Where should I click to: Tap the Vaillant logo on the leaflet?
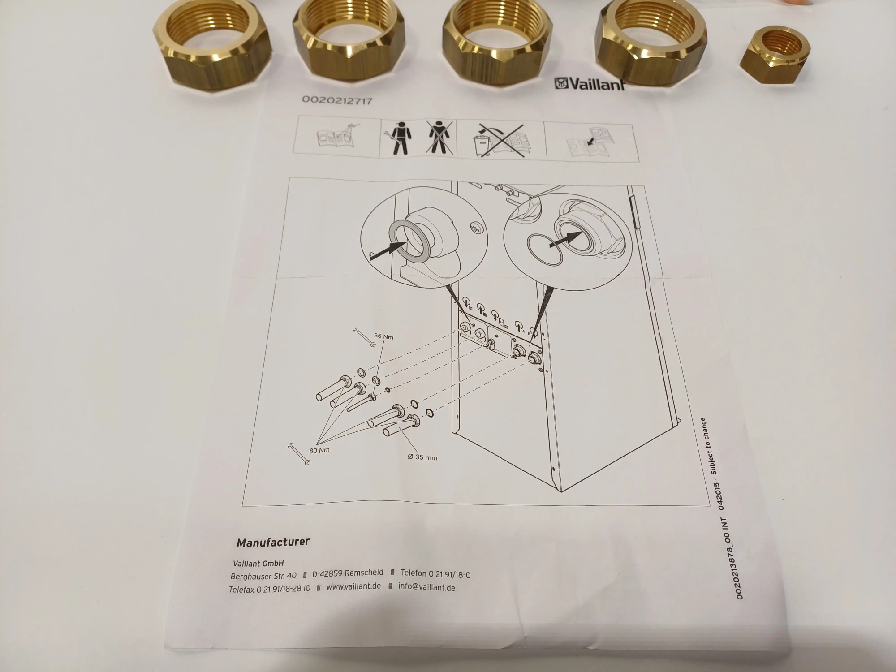(590, 83)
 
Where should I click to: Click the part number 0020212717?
(337, 100)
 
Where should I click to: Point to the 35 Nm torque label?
(383, 336)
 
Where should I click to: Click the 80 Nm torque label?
(319, 450)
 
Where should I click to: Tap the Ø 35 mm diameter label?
(422, 457)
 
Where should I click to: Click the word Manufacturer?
(273, 543)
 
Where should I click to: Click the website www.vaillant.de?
(353, 586)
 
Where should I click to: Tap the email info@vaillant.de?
(426, 587)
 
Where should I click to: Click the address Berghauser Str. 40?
(263, 576)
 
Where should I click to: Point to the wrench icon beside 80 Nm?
(299, 454)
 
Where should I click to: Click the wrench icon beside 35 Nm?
(364, 337)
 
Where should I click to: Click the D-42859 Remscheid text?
(348, 573)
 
